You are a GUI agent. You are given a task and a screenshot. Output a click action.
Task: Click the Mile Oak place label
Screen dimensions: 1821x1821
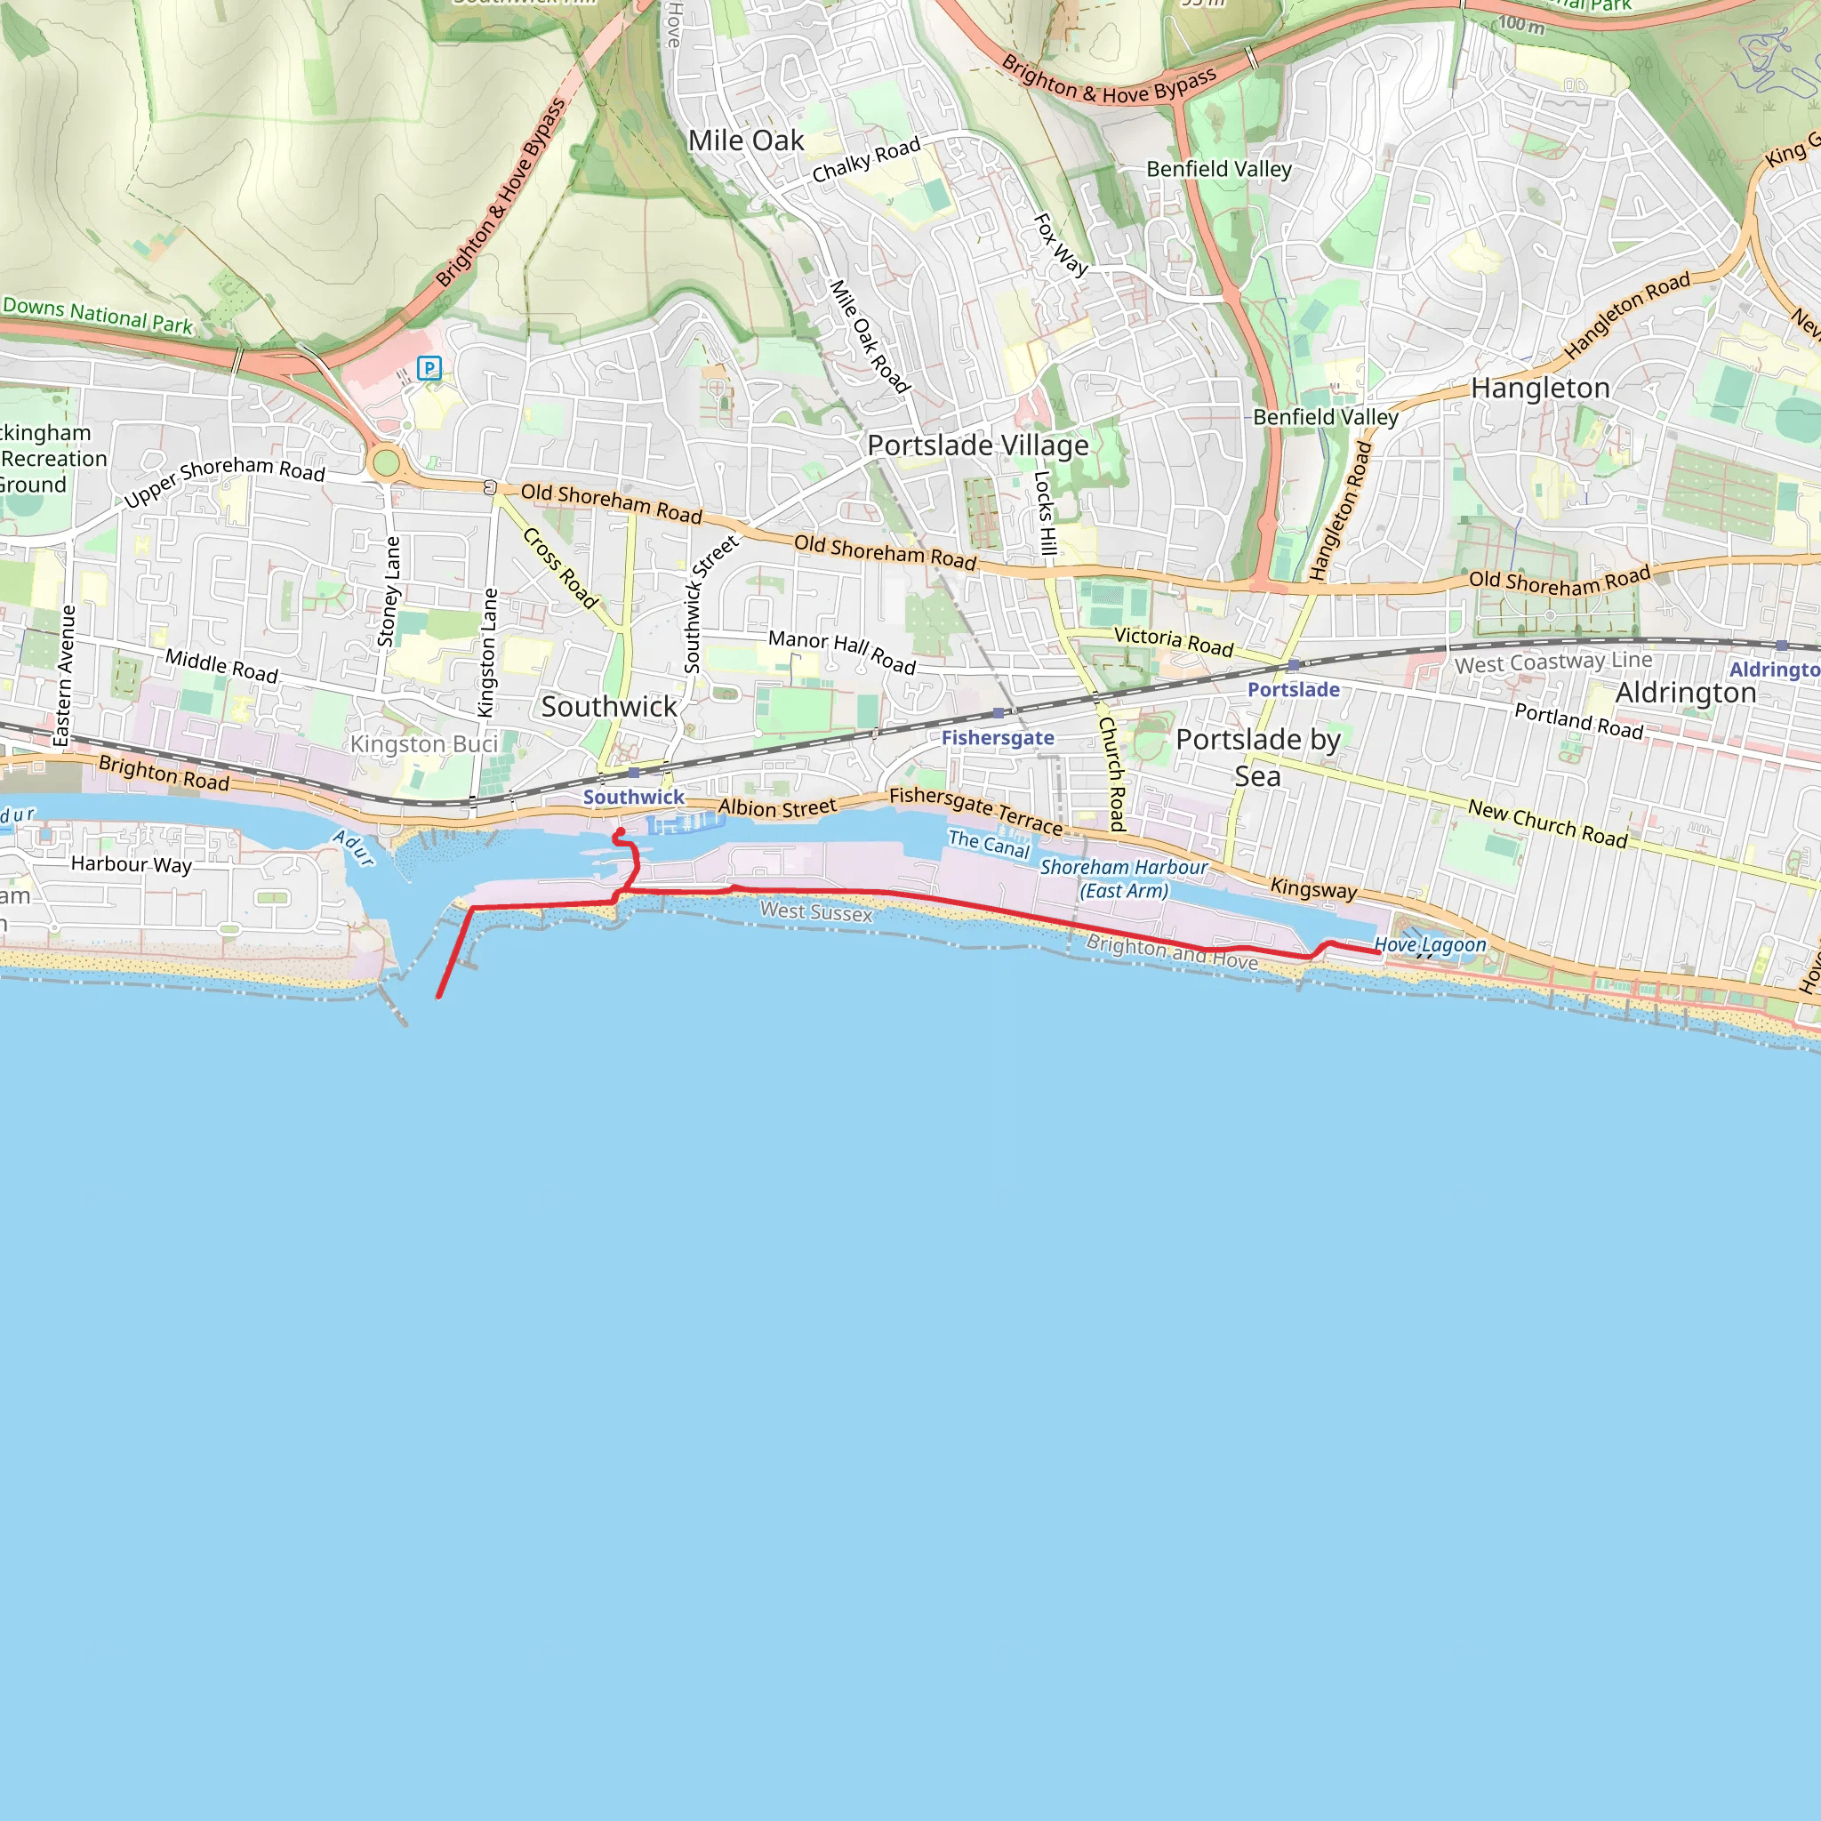pyautogui.click(x=745, y=140)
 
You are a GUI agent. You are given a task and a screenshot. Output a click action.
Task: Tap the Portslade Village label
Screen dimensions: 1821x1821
pyautogui.click(x=977, y=445)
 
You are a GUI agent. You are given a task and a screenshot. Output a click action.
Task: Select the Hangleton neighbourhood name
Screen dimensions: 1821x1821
pyautogui.click(x=1540, y=389)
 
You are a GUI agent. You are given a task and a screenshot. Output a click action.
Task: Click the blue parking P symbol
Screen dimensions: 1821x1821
pyautogui.click(x=429, y=367)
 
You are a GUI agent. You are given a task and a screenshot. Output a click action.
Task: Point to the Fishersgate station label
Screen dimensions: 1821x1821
pyautogui.click(x=998, y=737)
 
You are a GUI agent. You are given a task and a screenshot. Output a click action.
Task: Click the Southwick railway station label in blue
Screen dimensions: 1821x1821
pyautogui.click(x=633, y=797)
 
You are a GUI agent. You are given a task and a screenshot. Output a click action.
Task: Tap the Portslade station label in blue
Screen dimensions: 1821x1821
pyautogui.click(x=1293, y=689)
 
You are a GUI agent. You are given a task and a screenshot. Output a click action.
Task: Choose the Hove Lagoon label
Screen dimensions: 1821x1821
pyautogui.click(x=1429, y=944)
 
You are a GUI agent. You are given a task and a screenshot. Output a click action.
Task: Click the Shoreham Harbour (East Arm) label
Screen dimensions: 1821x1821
pyautogui.click(x=1124, y=878)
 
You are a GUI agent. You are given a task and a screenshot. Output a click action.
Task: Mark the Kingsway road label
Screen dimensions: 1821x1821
pyautogui.click(x=1313, y=888)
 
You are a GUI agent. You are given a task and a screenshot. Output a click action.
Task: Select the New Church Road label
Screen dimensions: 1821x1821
pyautogui.click(x=1547, y=823)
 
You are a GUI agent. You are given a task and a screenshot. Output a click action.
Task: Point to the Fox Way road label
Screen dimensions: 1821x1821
pyautogui.click(x=1061, y=245)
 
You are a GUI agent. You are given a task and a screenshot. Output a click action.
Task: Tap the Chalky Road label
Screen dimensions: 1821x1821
pyautogui.click(x=865, y=160)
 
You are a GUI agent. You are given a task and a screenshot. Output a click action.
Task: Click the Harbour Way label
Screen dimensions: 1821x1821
pyautogui.click(x=131, y=863)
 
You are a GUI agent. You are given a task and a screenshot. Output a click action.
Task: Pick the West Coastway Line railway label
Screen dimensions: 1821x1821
pyautogui.click(x=1553, y=662)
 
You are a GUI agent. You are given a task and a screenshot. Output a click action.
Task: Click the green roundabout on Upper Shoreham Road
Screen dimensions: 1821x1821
pyautogui.click(x=386, y=462)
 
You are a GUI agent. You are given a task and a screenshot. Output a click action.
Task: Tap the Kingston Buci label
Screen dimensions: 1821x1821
pyautogui.click(x=423, y=744)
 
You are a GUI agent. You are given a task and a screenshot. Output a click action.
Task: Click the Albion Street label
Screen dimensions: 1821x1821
pyautogui.click(x=776, y=807)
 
